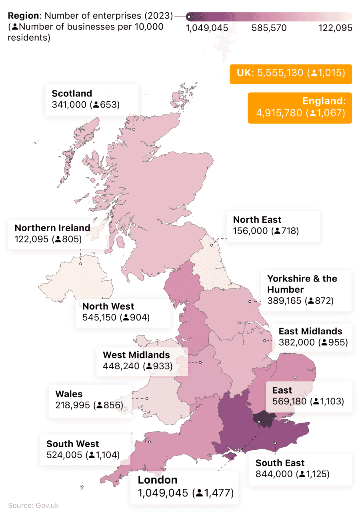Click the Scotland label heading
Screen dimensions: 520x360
coord(72,94)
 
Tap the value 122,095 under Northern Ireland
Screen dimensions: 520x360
coord(31,239)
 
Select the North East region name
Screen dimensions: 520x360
coord(257,220)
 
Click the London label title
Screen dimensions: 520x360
coord(158,480)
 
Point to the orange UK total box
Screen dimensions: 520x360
coord(290,73)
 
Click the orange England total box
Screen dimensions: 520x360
coord(300,107)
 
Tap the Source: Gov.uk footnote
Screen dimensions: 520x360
coord(33,505)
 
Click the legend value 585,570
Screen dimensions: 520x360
coord(269,28)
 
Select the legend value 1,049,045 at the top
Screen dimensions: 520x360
coord(207,28)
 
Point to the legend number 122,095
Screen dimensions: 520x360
coord(335,28)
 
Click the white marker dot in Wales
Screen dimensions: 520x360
coord(147,398)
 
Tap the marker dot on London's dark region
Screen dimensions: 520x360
coord(259,422)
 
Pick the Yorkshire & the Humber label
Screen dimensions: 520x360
coord(302,284)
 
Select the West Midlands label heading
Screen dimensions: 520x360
coord(136,355)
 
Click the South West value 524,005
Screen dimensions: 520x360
coord(64,455)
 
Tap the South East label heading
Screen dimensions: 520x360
coord(280,463)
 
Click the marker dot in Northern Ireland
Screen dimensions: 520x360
coord(80,264)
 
